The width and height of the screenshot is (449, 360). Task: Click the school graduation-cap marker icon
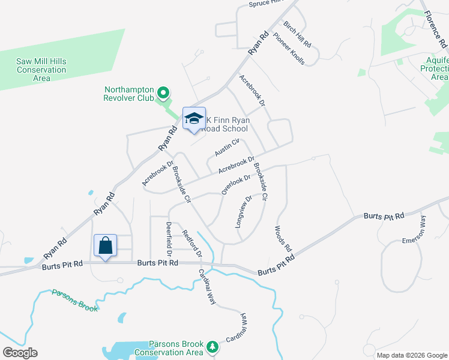[194, 118]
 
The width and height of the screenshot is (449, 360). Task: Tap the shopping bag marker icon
[106, 245]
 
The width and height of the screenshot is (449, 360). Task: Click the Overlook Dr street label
[235, 184]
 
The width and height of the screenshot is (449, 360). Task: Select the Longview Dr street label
[244, 211]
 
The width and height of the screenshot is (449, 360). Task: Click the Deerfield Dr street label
[169, 238]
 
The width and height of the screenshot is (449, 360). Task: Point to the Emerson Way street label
[415, 229]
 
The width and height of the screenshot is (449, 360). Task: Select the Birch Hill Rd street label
[297, 35]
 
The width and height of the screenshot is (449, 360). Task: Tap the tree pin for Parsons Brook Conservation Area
[212, 347]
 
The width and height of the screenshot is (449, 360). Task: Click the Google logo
[20, 353]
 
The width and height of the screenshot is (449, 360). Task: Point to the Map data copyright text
[411, 355]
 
